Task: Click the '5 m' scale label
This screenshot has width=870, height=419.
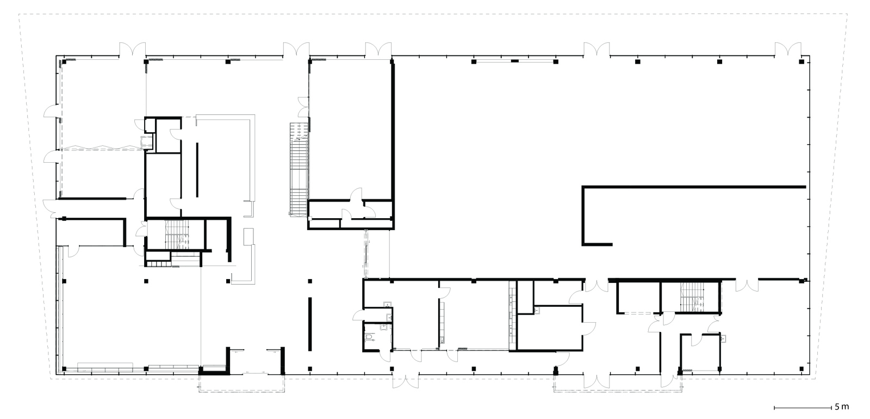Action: tap(842, 407)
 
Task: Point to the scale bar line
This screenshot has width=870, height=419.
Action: tap(803, 408)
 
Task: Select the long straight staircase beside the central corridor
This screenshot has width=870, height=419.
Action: tap(299, 169)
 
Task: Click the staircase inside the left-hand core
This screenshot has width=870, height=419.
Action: tap(177, 235)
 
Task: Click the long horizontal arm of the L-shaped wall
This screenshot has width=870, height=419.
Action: tap(694, 187)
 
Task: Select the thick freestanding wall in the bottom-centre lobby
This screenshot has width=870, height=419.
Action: tap(310, 324)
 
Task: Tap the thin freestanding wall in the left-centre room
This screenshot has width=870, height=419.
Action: tap(197, 170)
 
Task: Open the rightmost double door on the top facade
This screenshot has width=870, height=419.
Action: tap(788, 50)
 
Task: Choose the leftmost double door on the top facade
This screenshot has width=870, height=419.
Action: tap(133, 50)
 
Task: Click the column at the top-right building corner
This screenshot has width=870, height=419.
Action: tap(801, 61)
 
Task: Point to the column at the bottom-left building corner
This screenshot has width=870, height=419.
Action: tap(64, 368)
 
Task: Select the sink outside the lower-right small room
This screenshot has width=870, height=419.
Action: tap(723, 338)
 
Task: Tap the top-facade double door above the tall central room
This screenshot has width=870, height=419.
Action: tap(378, 50)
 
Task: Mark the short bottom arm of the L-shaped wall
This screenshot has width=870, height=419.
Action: tap(598, 244)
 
